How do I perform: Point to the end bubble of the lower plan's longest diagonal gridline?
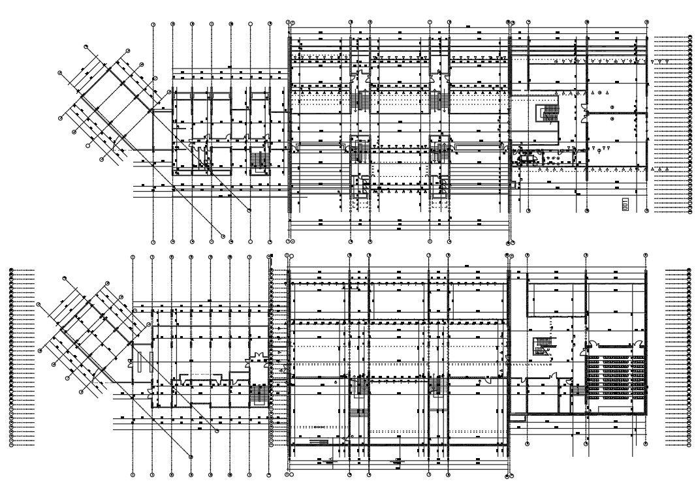click(x=191, y=455)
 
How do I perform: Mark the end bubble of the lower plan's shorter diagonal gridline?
click(x=216, y=431)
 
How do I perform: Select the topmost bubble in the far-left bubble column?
click(x=12, y=268)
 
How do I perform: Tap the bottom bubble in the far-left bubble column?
click(x=12, y=445)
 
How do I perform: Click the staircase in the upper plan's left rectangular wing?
click(x=259, y=161)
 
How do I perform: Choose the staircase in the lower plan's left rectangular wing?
click(x=259, y=394)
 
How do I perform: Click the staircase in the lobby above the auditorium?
click(x=541, y=345)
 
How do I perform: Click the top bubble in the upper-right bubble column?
click(x=689, y=38)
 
